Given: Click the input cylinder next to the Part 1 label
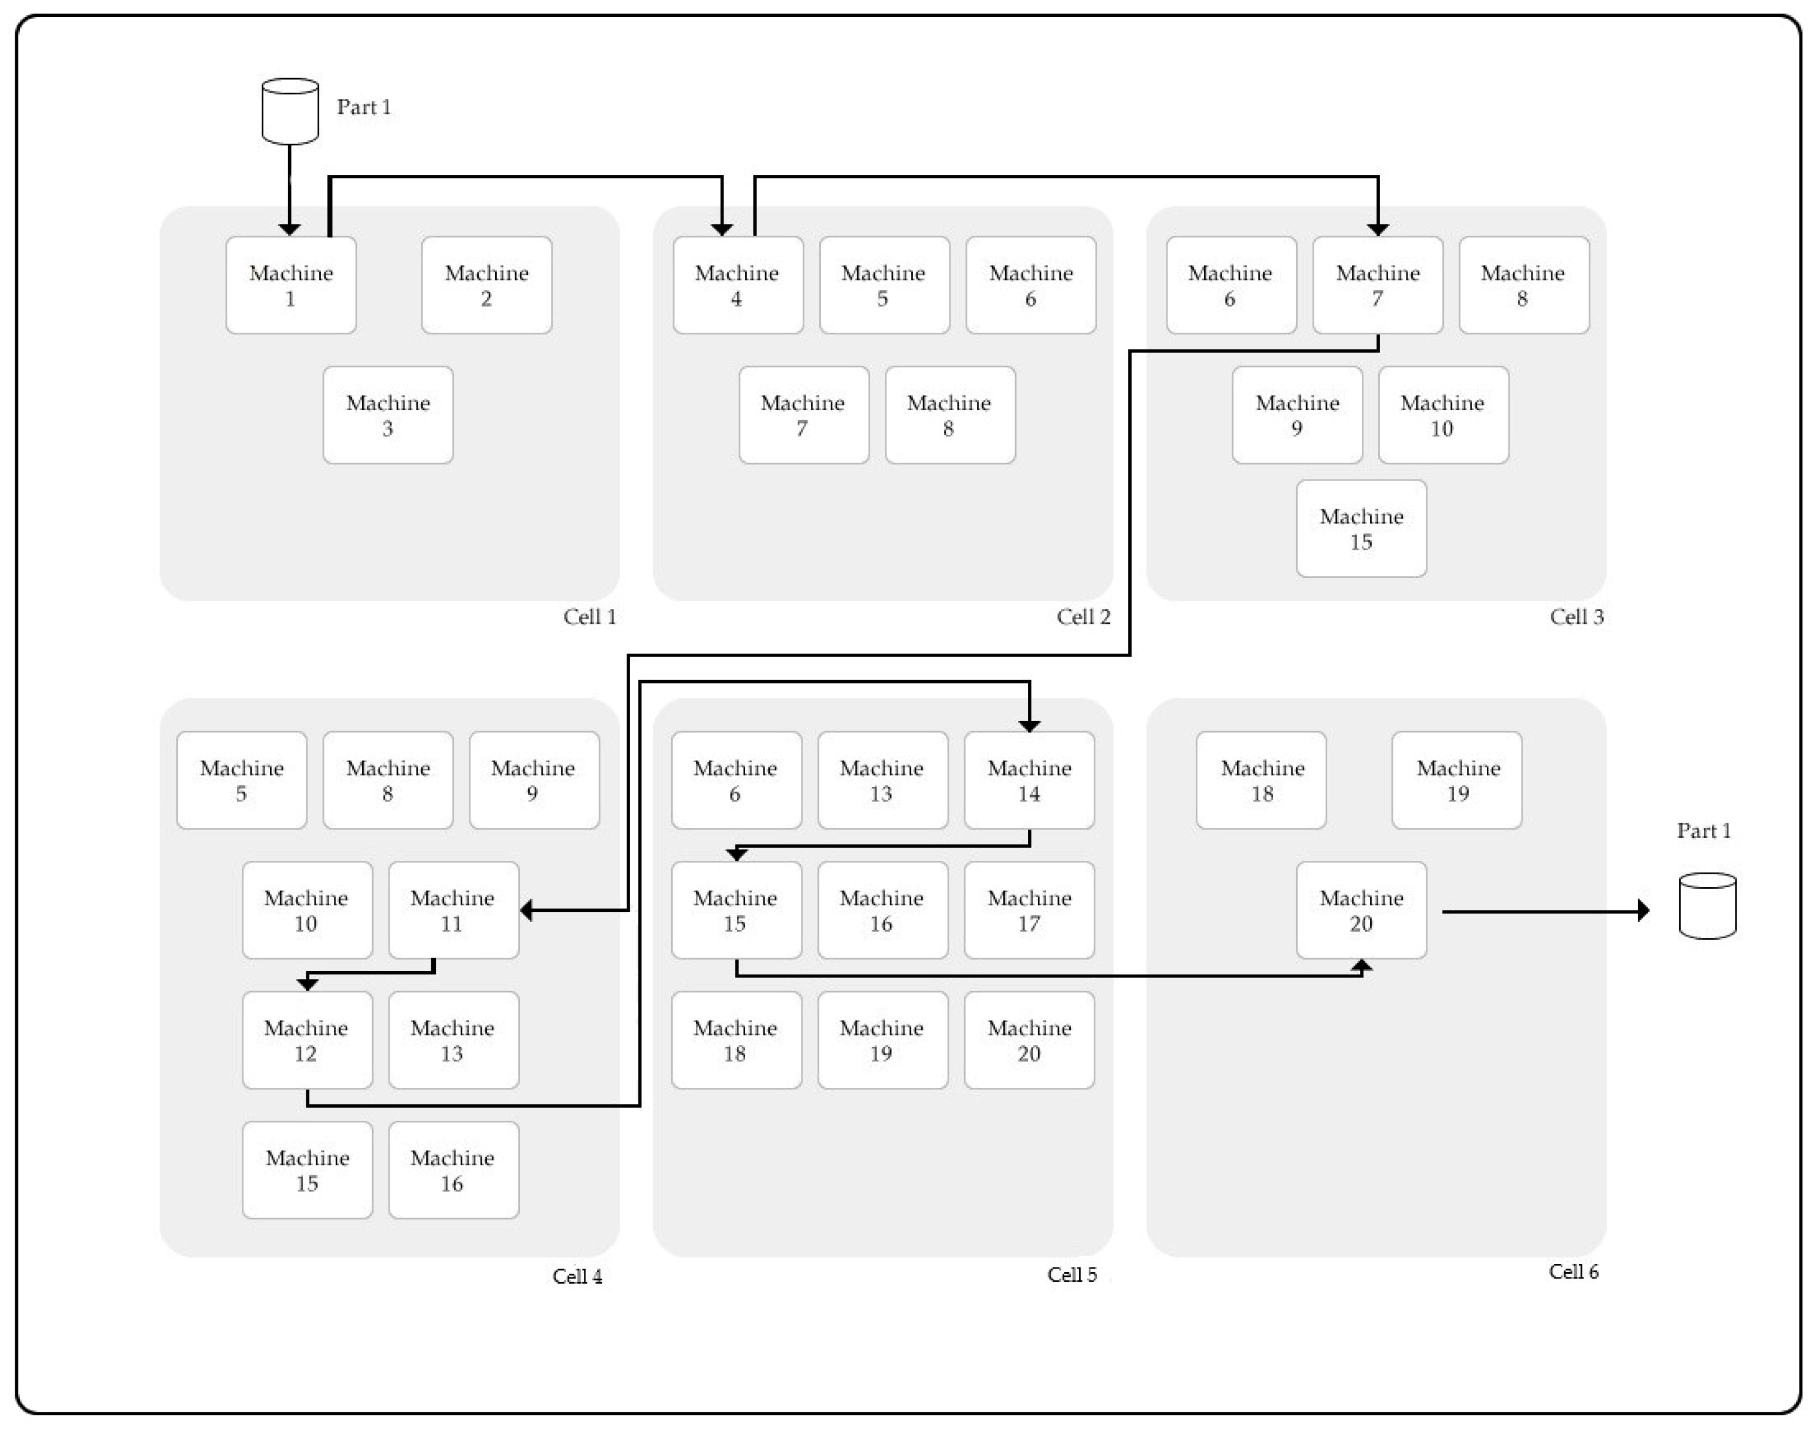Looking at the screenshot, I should point(290,111).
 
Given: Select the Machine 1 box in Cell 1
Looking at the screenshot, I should point(291,285).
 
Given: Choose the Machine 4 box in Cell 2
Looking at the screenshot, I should point(738,285).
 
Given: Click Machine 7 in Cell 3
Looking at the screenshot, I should point(1378,285).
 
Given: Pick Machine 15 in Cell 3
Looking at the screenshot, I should point(1361,528).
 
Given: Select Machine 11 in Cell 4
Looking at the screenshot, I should point(453,910).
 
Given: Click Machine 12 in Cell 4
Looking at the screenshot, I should point(307,1040).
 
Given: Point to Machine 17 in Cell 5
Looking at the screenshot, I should point(1029,910).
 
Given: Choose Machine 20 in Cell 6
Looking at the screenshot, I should point(1361,910).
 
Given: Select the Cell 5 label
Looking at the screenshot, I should point(1071,1274).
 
